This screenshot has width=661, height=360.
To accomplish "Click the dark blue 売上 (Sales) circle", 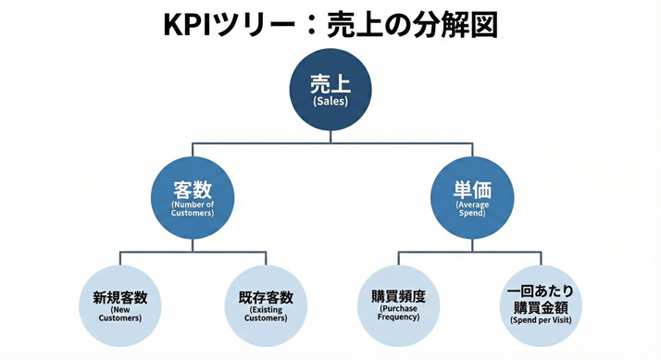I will tap(330, 90).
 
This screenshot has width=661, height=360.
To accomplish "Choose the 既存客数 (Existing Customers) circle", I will tap(266, 306).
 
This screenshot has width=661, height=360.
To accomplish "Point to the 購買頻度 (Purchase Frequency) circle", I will tap(398, 306).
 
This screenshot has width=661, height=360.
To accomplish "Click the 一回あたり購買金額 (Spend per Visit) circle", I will tap(541, 306).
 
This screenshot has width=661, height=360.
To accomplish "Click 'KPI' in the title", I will tap(186, 25).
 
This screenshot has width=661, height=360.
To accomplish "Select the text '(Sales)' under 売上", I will tap(330, 102).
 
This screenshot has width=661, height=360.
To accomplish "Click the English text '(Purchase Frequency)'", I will tap(398, 313).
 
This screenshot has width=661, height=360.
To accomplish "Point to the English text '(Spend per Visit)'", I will tap(541, 320).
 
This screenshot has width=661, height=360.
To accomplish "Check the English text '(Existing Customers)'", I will tap(266, 314).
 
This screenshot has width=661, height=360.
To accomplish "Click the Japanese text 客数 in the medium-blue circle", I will tap(193, 190).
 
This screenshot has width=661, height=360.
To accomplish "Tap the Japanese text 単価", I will tap(472, 189).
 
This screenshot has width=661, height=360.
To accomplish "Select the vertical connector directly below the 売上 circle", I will tap(330, 136).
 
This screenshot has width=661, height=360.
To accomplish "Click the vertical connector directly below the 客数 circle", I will tap(193, 244).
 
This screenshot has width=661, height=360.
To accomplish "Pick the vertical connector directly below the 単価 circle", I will tap(472, 244).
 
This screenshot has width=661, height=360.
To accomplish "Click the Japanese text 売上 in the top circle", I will tap(330, 83).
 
